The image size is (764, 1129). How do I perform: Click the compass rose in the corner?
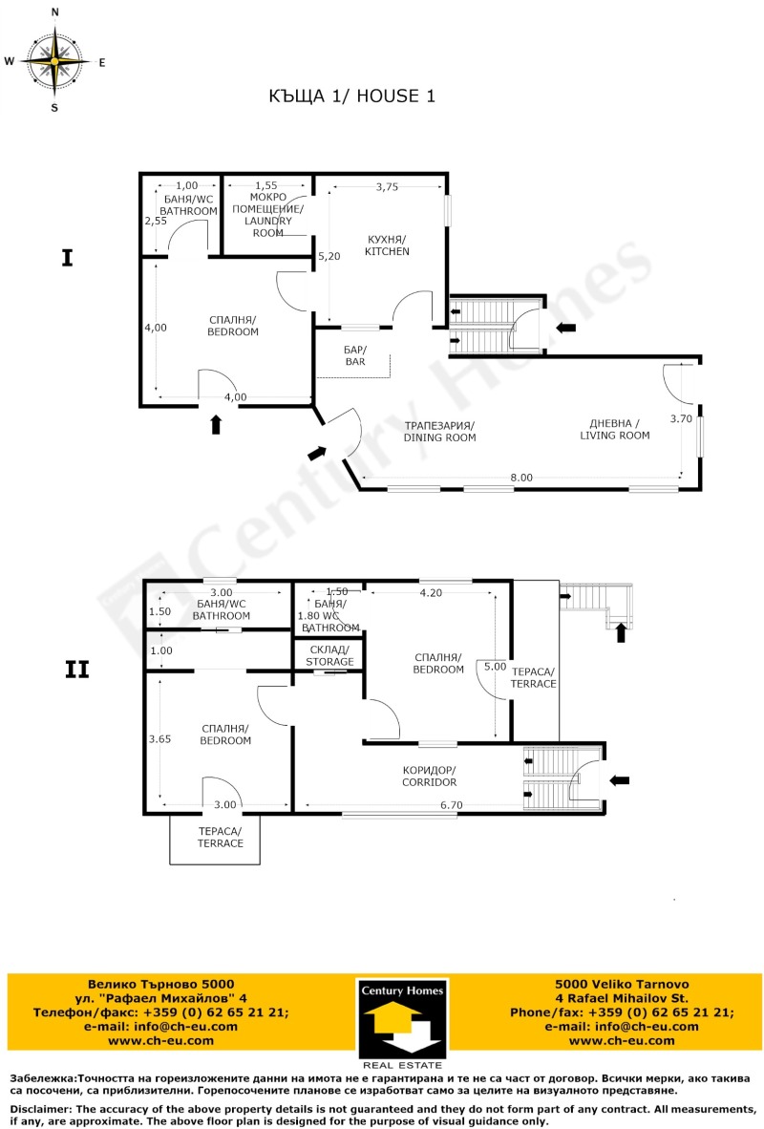[54, 60]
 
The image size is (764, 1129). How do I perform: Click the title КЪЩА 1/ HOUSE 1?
[353, 96]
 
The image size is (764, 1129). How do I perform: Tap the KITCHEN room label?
[386, 245]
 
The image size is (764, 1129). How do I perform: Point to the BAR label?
[355, 355]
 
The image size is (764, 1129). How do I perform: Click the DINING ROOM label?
[439, 431]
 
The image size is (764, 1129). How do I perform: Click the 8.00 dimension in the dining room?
[520, 477]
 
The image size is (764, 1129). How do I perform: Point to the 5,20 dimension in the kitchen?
[329, 256]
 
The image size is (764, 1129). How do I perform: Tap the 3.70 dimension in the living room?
[680, 418]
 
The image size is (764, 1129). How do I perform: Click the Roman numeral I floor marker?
[67, 258]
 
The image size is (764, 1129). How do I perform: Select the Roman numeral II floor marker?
[76, 670]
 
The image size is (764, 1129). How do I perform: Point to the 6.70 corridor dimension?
[452, 805]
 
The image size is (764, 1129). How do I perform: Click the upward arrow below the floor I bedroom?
[216, 424]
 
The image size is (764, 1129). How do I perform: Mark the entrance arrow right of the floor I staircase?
[566, 328]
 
